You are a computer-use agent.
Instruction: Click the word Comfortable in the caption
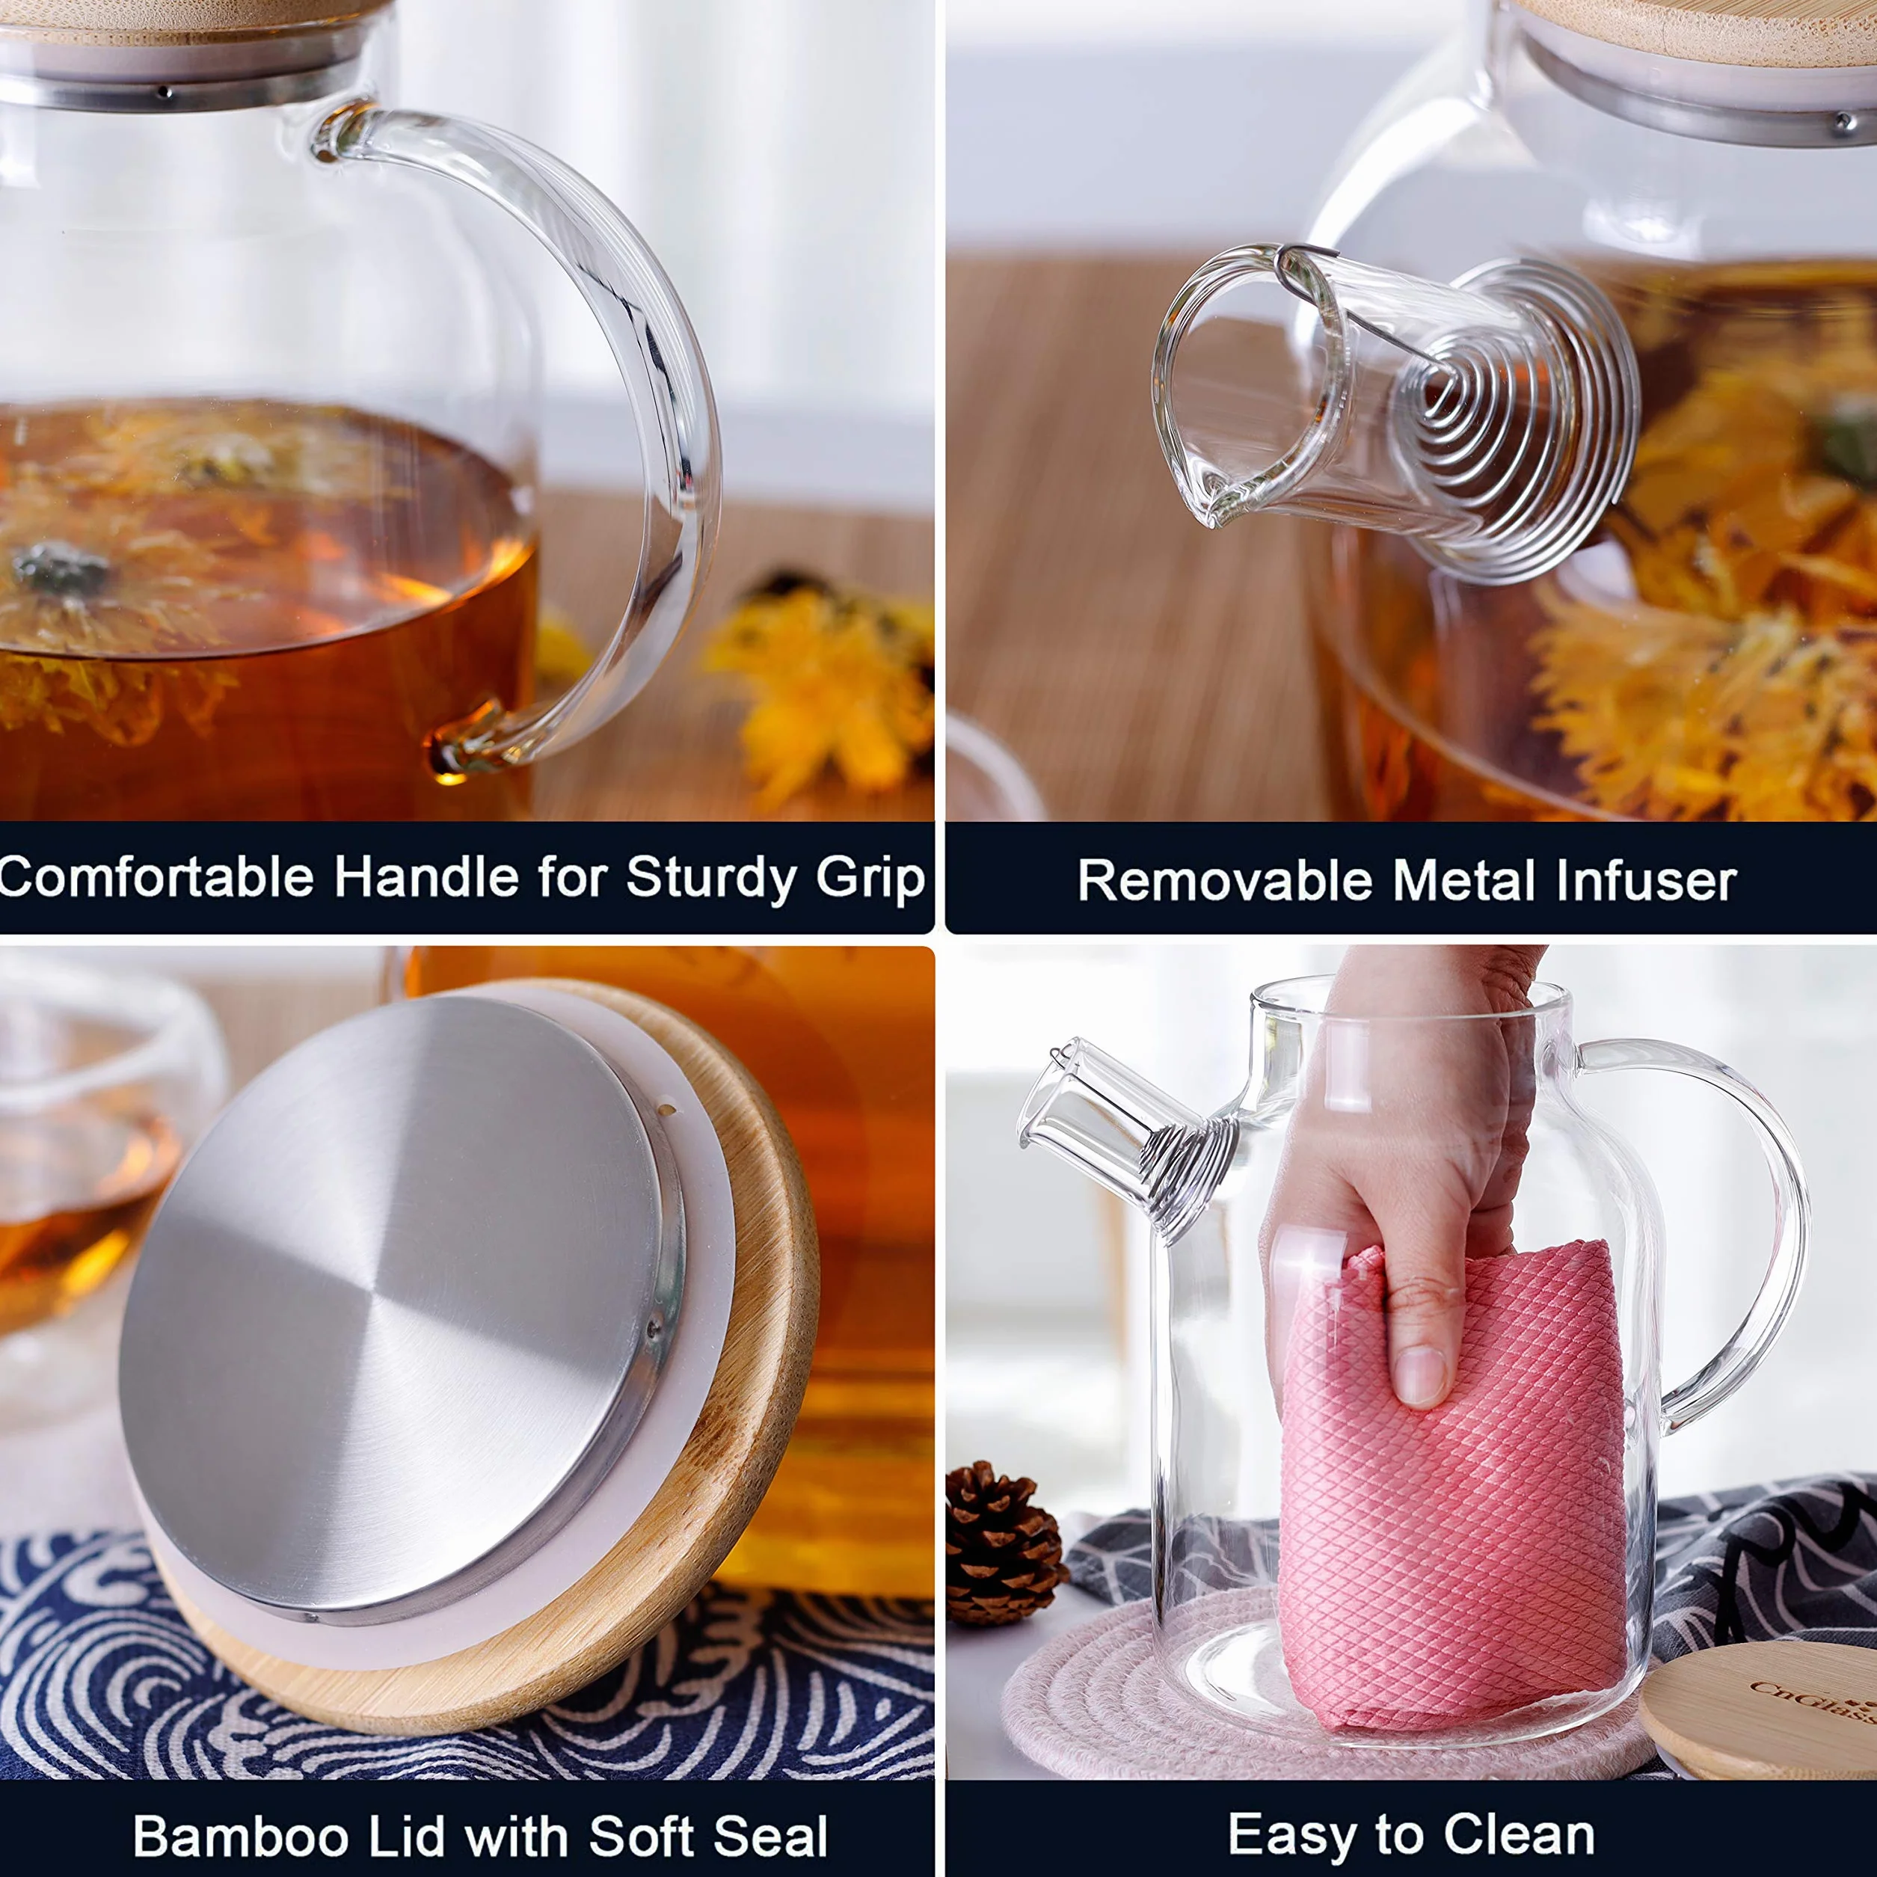click(156, 876)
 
